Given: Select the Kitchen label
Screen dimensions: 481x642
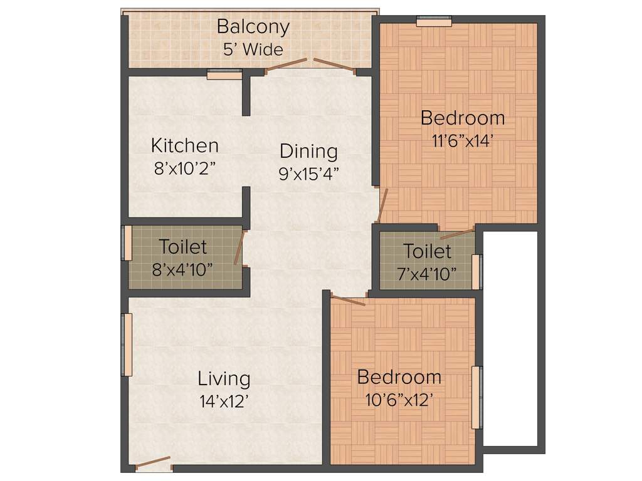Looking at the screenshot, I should [x=185, y=146].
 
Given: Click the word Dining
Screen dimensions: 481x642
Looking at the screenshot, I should [x=308, y=152].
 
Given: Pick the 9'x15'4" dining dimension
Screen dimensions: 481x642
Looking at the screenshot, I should [x=308, y=173].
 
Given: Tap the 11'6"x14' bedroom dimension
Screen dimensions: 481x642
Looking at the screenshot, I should [x=463, y=140].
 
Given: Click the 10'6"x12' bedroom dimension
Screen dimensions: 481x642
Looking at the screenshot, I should [x=399, y=400].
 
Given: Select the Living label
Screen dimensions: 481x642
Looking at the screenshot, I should [x=224, y=379].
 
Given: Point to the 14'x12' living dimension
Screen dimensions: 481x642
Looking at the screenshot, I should [x=224, y=401].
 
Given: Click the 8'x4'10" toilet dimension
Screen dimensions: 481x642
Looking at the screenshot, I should [x=182, y=269].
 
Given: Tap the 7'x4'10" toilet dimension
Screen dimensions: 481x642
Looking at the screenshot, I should [x=427, y=274].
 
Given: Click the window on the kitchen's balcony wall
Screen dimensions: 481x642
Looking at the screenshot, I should [x=224, y=75].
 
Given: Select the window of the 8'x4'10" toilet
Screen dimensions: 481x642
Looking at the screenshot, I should [x=126, y=242].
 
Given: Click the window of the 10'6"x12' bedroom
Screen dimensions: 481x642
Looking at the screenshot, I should [x=478, y=397].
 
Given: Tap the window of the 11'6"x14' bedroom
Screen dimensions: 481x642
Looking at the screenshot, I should [x=434, y=22].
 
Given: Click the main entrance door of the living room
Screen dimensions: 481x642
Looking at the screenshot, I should [x=153, y=463].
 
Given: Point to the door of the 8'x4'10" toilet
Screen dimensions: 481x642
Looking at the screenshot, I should [x=238, y=248].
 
